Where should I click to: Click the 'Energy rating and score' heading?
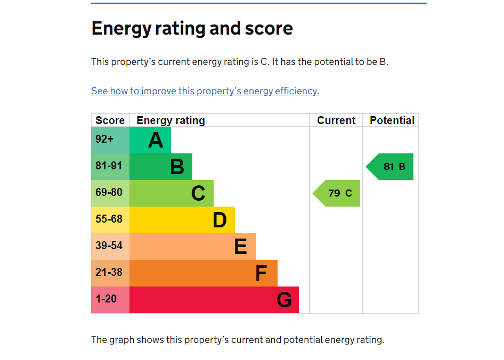coord(192,28)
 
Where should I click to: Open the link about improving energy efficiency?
coord(204,91)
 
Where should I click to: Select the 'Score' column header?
coord(110,120)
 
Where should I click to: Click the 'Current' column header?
coord(336,120)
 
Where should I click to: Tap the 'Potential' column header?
coord(392,120)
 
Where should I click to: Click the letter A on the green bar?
coord(156,140)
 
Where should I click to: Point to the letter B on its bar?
coord(177,167)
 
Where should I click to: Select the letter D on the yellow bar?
coord(220,220)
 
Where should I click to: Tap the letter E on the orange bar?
coord(241,247)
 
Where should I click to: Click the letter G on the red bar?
coord(284,300)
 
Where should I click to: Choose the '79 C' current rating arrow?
coord(338,193)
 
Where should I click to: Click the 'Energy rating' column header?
coord(170,120)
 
